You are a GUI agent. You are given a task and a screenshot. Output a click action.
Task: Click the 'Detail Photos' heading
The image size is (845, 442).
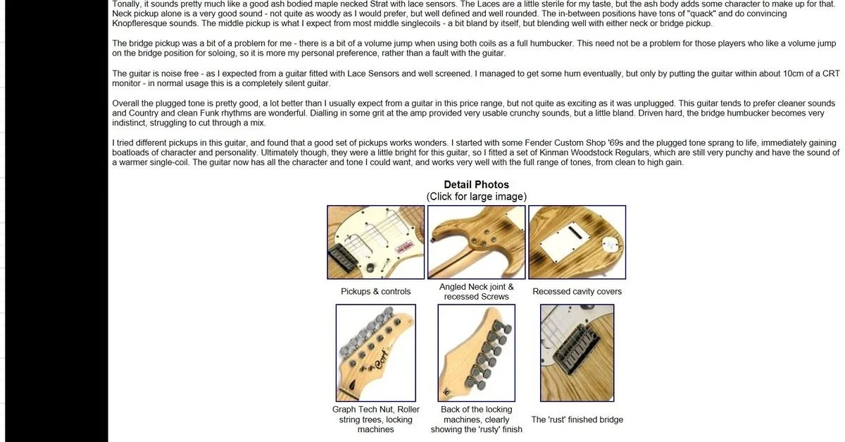(476, 185)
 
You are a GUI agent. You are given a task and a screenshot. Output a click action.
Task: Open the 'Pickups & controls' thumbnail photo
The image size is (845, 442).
(376, 243)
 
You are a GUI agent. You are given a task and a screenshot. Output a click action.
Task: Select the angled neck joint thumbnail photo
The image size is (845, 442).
(477, 243)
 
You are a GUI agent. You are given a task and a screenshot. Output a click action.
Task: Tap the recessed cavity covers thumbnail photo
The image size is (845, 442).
(577, 243)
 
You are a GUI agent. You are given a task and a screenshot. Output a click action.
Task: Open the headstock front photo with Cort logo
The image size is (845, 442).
(376, 353)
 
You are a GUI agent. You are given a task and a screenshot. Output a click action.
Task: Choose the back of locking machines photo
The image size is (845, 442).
(477, 353)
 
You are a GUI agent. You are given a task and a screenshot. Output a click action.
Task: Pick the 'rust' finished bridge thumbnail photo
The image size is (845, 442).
(577, 353)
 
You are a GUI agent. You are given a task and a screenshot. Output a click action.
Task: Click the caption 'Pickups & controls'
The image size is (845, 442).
(376, 292)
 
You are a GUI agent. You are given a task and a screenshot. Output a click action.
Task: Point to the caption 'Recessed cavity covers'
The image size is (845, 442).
(577, 292)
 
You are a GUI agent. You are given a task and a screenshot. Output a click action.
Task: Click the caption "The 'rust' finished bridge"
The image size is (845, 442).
(577, 419)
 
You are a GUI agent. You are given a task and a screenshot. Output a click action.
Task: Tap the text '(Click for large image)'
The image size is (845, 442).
(477, 197)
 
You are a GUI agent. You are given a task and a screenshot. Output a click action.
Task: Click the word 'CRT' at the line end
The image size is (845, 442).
(831, 73)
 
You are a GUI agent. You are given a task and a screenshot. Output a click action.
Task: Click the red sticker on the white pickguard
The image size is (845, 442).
(404, 247)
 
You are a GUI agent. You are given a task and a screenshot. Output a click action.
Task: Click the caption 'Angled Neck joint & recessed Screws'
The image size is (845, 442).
(477, 292)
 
